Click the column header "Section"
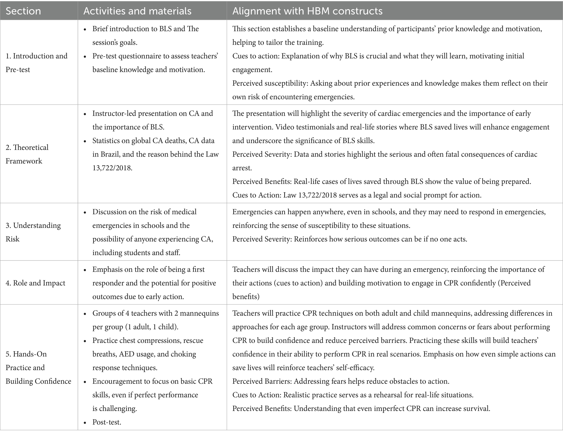(23, 11)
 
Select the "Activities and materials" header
(137, 11)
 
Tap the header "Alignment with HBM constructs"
(307, 11)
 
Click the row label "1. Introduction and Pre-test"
(36, 63)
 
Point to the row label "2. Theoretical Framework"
(27, 154)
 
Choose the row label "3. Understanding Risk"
(33, 232)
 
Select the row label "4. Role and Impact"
(35, 283)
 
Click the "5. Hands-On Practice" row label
(38, 367)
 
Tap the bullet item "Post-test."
(107, 422)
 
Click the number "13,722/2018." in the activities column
(112, 168)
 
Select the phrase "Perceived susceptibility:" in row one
(270, 83)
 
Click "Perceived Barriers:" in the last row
(262, 381)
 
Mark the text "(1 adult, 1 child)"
(151, 327)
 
